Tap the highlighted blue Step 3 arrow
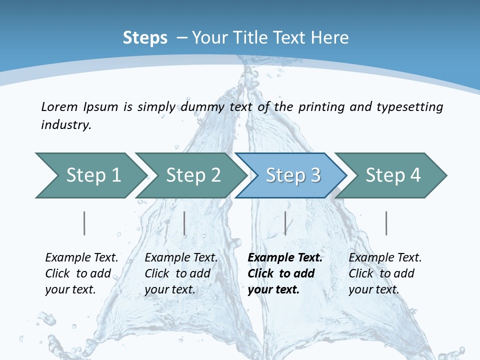pos(293,175)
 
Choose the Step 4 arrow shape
pos(393,175)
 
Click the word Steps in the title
pos(145,37)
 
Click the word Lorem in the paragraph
pos(59,106)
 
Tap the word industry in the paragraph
pos(66,124)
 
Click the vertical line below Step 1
pos(84,223)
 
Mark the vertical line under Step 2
pos(184,223)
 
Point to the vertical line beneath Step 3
pos(285,223)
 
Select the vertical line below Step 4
pos(386,223)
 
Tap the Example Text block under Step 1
pos(81,273)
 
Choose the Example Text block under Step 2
pos(181,273)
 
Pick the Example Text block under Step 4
pos(385,273)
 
